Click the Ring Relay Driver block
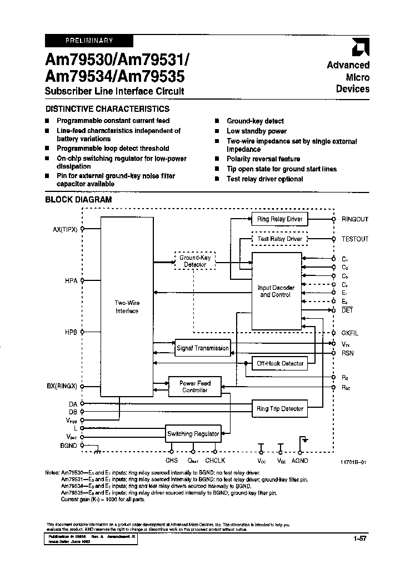(279, 219)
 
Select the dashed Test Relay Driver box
(279, 239)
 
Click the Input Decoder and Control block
(276, 291)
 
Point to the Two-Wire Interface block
(127, 307)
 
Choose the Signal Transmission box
(202, 348)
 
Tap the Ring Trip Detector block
(279, 409)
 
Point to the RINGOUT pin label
(354, 219)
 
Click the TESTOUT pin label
(354, 239)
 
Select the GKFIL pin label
(350, 333)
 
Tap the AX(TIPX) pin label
(64, 229)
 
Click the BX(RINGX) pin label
(63, 386)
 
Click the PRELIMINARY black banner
(89, 41)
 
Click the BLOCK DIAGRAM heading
(78, 199)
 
